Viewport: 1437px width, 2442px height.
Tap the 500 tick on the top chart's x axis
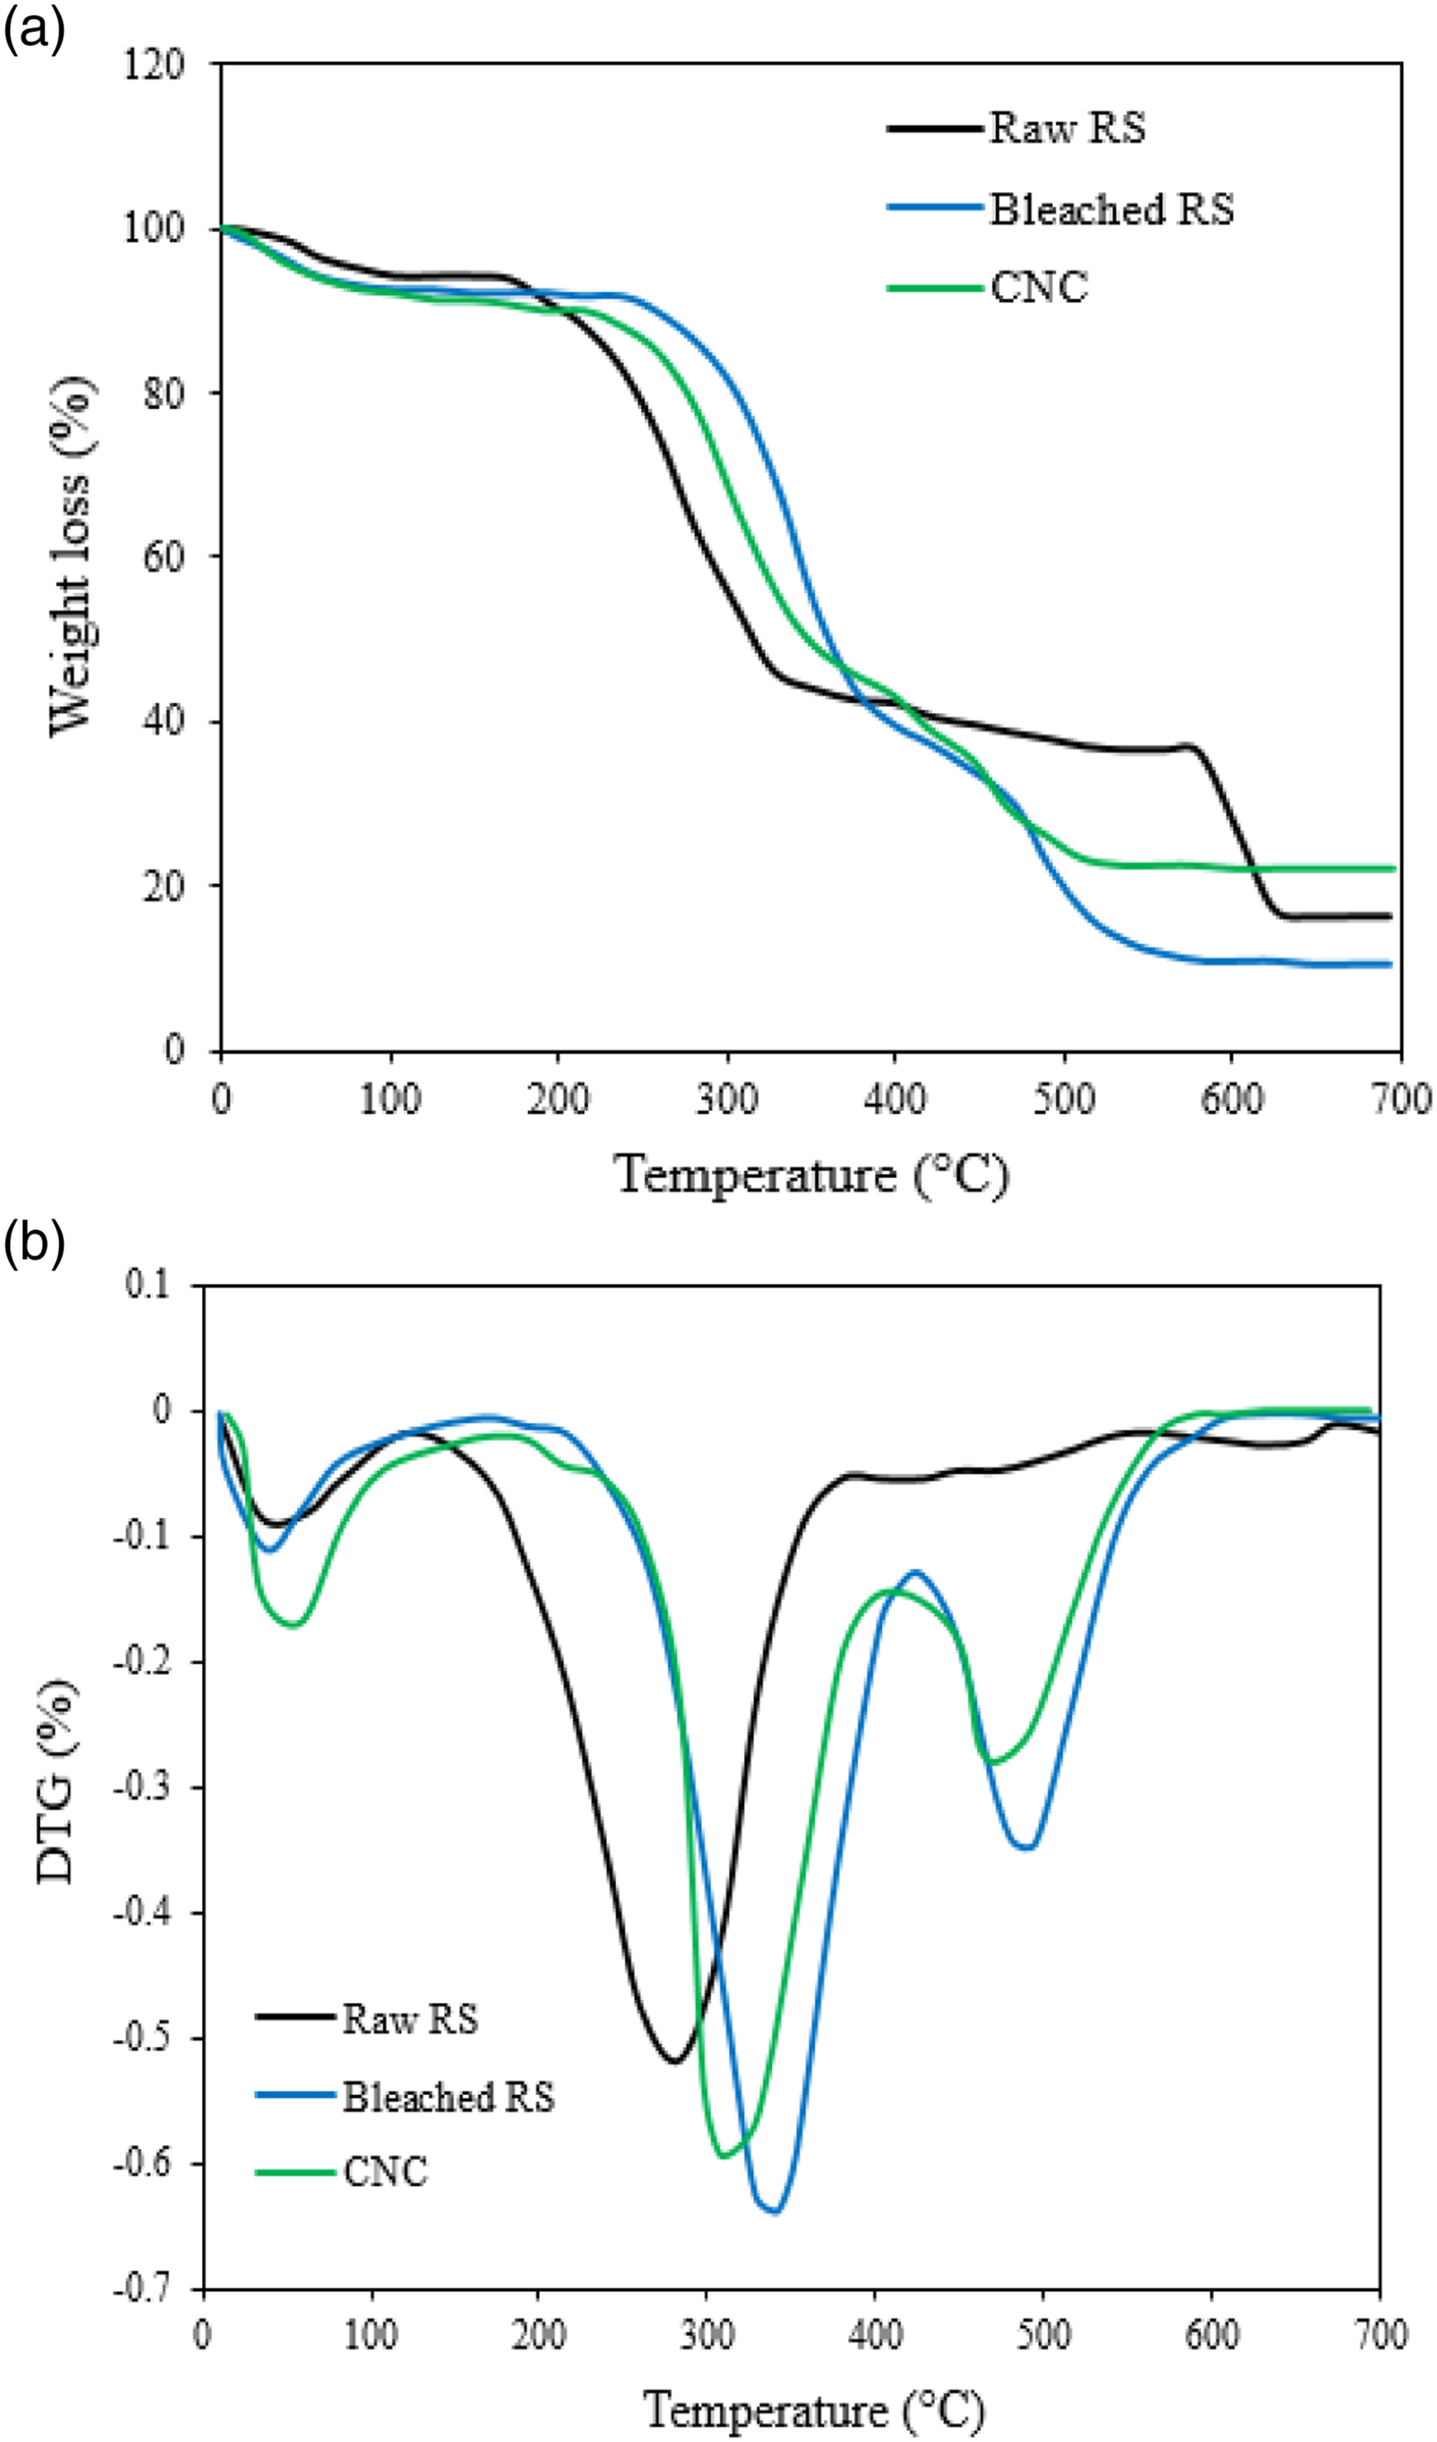coord(1064,1101)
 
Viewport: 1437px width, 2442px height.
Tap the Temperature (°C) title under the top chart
coord(811,1176)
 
